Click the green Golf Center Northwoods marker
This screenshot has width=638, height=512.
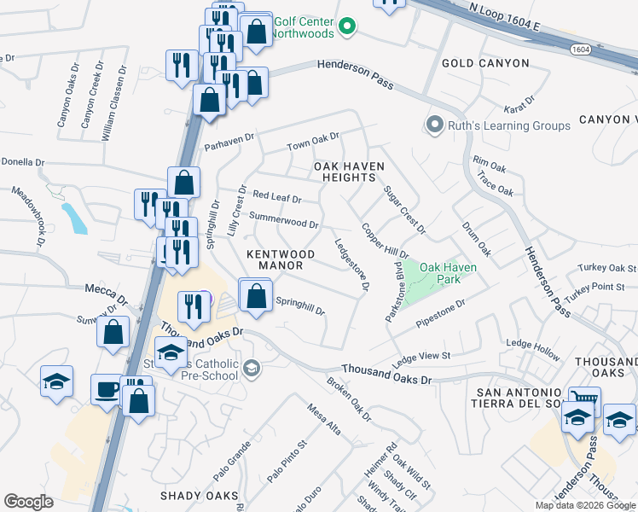[346, 28]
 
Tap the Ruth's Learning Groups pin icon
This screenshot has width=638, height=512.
[434, 125]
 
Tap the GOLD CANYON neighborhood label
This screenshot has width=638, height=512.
[485, 63]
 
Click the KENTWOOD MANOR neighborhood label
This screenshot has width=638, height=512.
[281, 260]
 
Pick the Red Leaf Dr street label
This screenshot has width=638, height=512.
[277, 197]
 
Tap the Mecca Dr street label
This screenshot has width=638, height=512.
[105, 294]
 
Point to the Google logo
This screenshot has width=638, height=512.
[29, 502]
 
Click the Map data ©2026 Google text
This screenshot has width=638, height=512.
[584, 505]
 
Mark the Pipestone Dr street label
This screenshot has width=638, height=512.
[440, 314]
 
